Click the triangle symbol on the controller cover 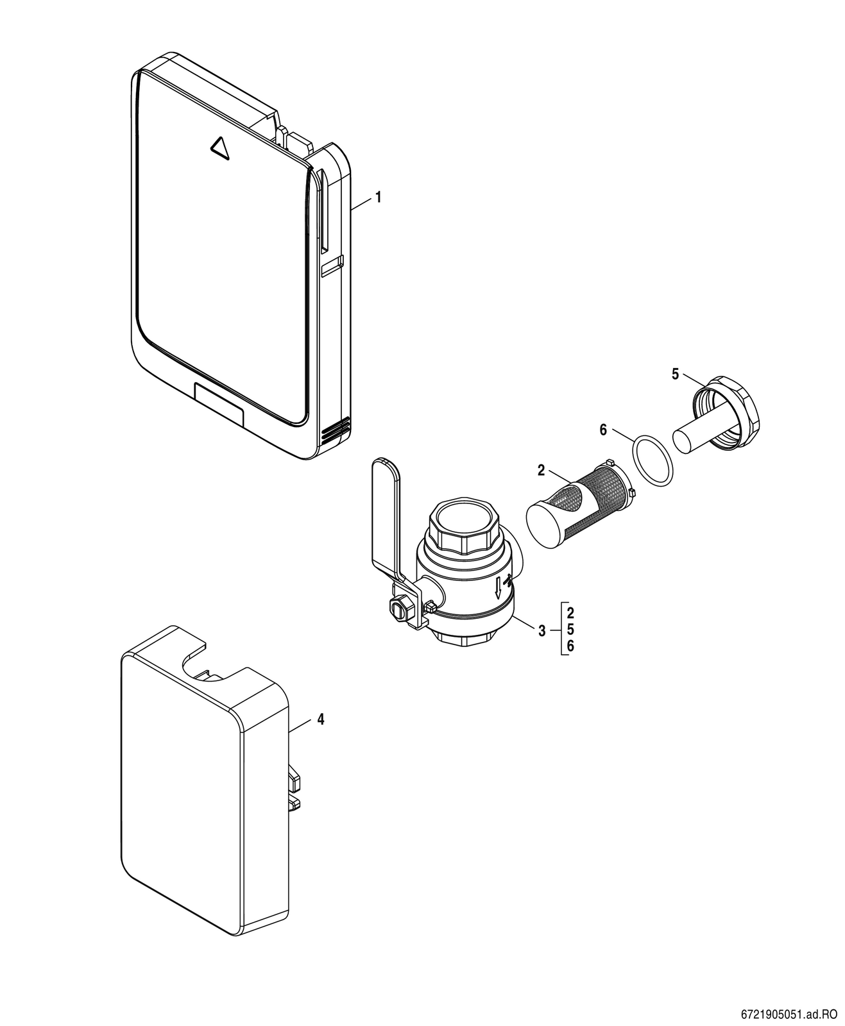point(219,147)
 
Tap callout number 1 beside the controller point(378,198)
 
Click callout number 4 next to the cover point(320,719)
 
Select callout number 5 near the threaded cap point(675,374)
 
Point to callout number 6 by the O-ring point(604,430)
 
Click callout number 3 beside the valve point(542,632)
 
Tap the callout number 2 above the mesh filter point(542,471)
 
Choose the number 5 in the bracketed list point(571,630)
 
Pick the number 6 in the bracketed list point(571,646)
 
